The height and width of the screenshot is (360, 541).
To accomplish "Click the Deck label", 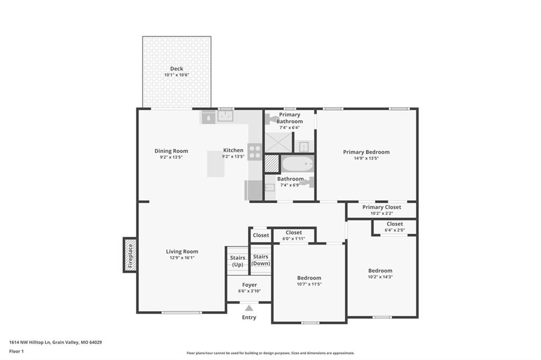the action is click(x=176, y=69).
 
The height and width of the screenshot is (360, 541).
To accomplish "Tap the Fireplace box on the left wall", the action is click(x=130, y=255).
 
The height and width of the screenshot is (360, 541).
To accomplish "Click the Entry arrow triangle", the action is click(x=249, y=308).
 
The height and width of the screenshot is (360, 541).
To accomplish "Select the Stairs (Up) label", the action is click(x=237, y=261).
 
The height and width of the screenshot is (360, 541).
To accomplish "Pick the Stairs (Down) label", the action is click(x=260, y=260).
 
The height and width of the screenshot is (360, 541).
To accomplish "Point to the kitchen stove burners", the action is click(x=255, y=152).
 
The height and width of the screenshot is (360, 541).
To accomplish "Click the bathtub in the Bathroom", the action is click(x=297, y=164).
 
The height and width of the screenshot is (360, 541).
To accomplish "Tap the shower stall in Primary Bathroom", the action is click(x=278, y=142).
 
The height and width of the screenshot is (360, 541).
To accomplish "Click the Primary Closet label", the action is click(x=381, y=207).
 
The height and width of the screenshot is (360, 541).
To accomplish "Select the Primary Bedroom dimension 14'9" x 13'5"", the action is click(x=366, y=158).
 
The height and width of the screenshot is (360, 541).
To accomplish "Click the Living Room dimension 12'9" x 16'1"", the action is click(x=182, y=258).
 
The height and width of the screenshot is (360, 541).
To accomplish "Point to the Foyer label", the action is click(x=249, y=285).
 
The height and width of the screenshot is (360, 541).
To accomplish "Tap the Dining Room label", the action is click(x=171, y=151).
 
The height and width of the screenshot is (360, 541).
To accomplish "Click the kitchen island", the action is click(x=216, y=164).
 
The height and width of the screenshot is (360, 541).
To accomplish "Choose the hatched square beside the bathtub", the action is click(x=272, y=164).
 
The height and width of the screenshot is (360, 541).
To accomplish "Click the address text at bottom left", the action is click(x=55, y=343).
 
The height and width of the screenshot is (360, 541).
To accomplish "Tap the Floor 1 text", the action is click(x=16, y=352).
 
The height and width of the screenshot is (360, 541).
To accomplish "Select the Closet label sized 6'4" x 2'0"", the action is click(x=395, y=224).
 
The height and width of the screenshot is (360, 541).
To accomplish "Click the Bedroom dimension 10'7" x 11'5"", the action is click(x=309, y=284).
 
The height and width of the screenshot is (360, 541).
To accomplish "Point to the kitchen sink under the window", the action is click(x=225, y=116).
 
